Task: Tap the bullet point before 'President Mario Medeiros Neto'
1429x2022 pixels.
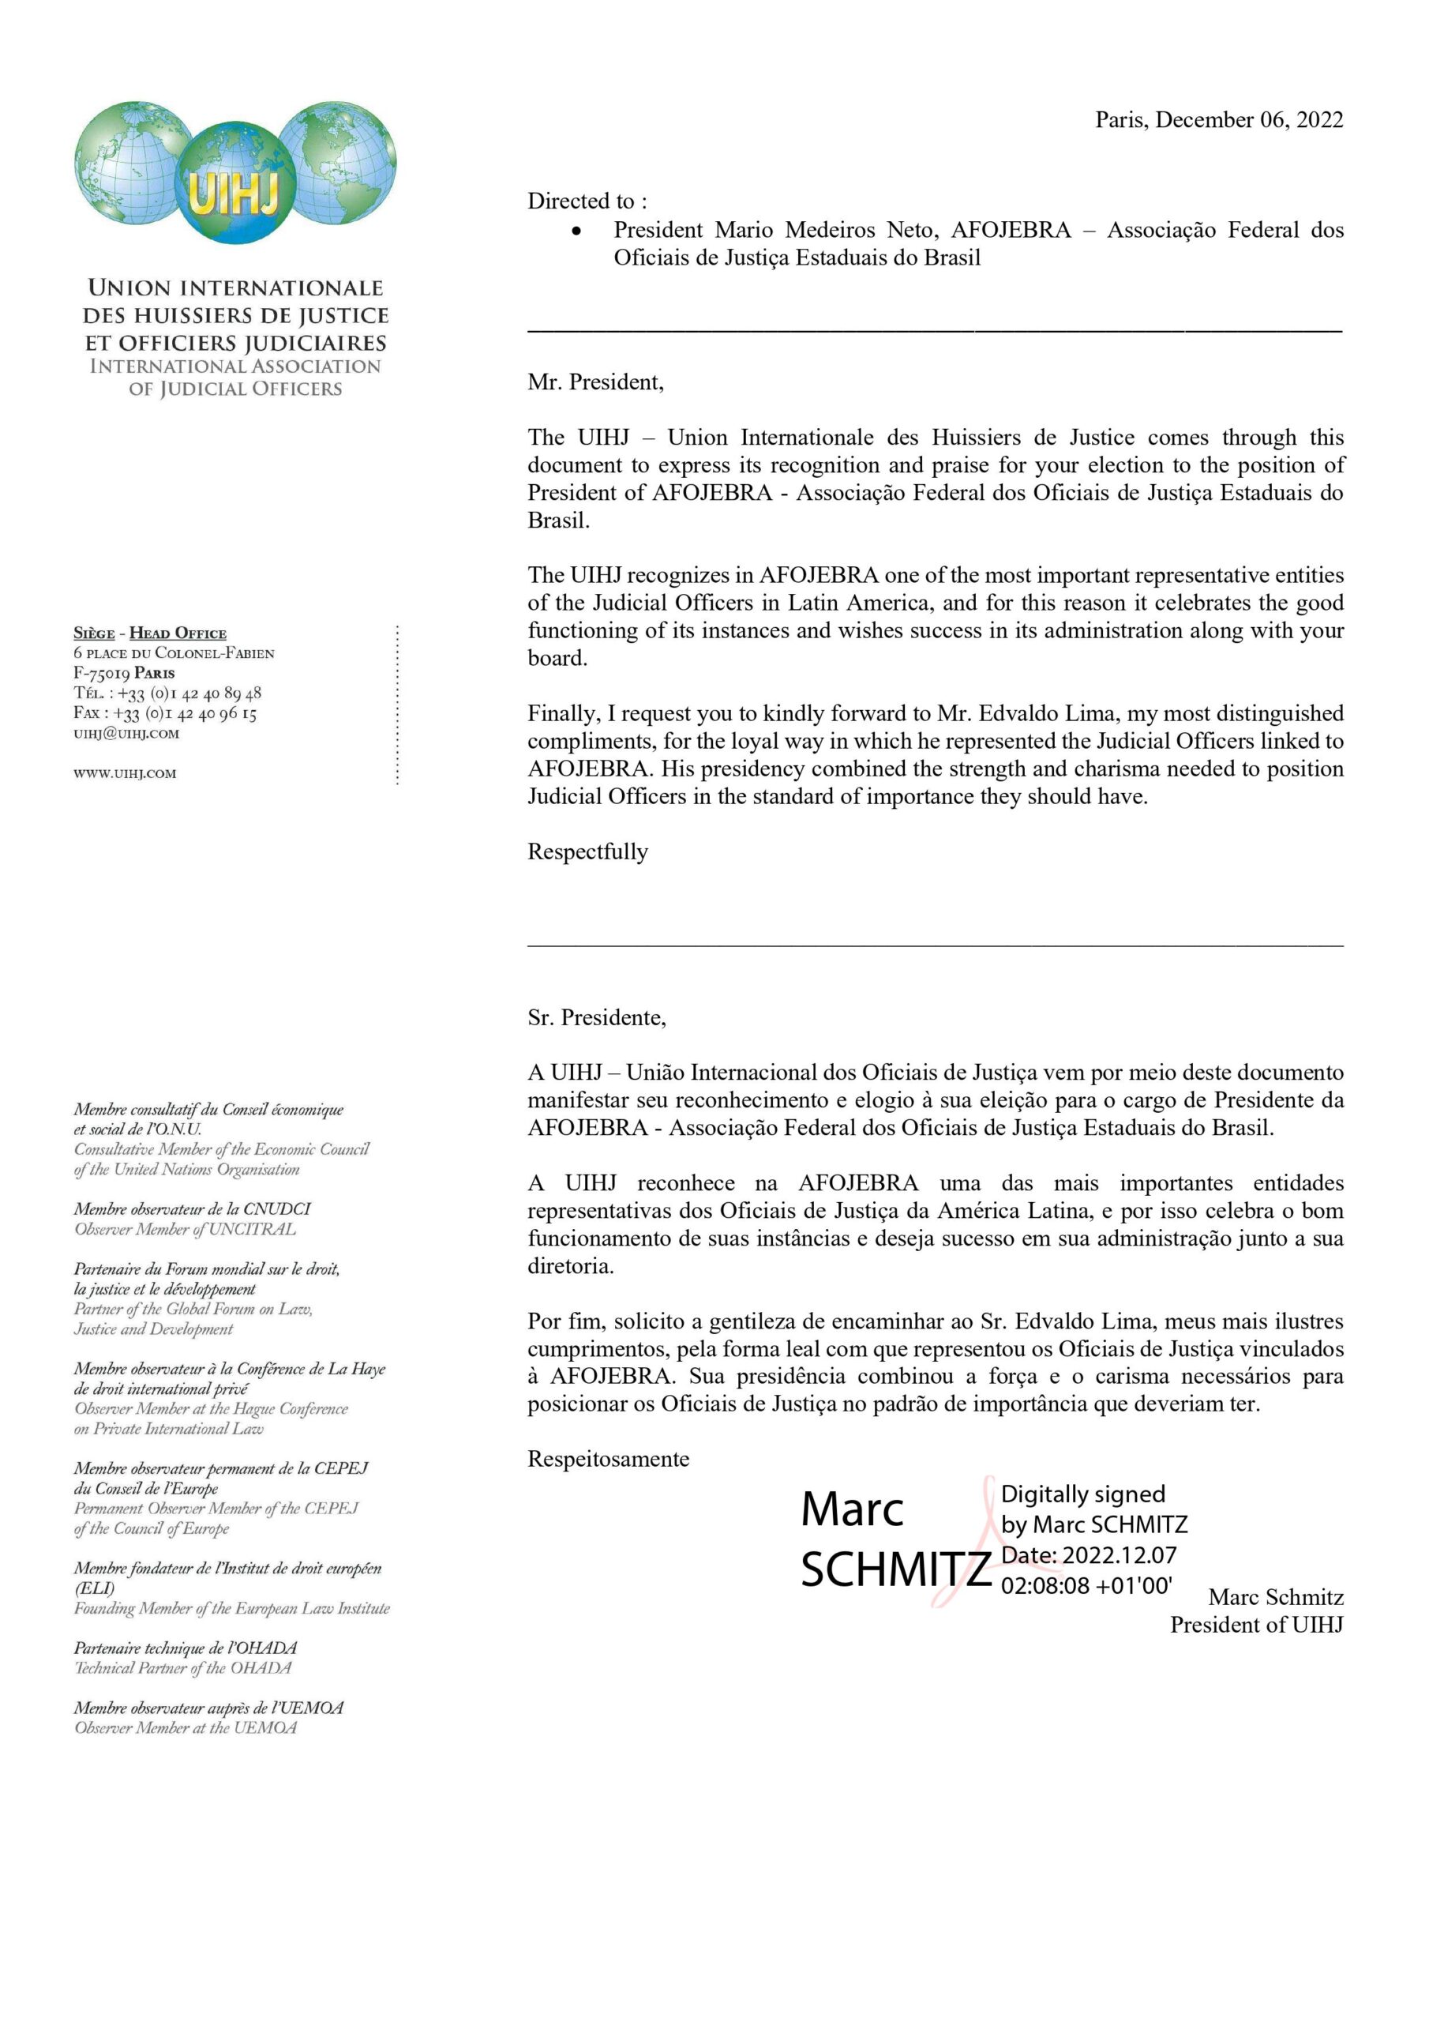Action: point(576,231)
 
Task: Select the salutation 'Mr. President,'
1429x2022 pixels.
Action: point(595,382)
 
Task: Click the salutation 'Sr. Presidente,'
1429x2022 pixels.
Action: point(596,1017)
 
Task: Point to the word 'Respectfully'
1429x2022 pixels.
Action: point(587,851)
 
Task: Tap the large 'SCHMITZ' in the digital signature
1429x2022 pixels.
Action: point(895,1569)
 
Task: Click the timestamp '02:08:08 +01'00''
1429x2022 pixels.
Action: point(1086,1585)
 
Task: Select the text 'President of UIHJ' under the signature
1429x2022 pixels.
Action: point(1255,1625)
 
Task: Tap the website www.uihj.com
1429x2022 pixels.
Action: point(124,773)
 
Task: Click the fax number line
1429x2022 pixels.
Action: point(165,712)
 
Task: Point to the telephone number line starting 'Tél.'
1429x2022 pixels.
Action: point(167,693)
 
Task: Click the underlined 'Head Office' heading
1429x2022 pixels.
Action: point(178,633)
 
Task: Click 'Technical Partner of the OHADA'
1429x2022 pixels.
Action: point(182,1667)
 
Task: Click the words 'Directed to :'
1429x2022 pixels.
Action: point(587,201)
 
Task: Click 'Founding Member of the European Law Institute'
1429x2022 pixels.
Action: point(231,1608)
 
